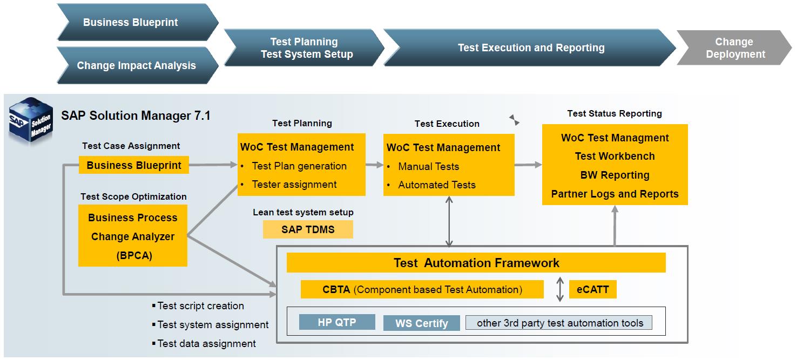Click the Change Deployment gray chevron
coord(734,48)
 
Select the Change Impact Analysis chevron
coord(137,65)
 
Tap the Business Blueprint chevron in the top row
coord(137,22)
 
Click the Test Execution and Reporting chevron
coord(529,47)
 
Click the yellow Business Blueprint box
coord(133,165)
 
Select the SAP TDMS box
coord(308,229)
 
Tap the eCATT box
coord(593,289)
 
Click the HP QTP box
coord(337,322)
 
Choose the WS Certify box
coord(421,323)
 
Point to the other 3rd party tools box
coord(559,323)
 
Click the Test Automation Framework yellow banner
coord(476,263)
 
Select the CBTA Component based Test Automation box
coord(422,289)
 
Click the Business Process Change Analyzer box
coord(133,236)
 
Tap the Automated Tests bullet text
coord(437,185)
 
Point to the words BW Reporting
coord(615,175)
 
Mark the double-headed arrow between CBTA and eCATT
coord(560,289)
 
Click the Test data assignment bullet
coord(204,344)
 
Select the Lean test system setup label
coord(303,212)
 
